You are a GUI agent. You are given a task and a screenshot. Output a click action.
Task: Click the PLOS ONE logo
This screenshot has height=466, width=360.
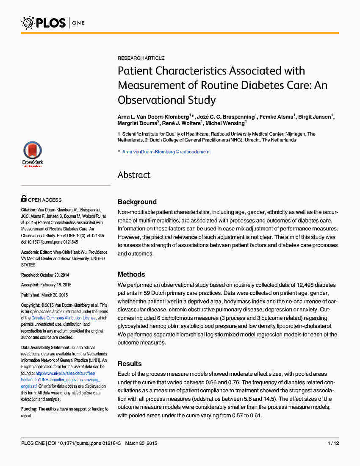[x=53, y=22]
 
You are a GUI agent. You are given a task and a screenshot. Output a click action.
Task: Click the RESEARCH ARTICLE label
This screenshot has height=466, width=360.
[x=141, y=58]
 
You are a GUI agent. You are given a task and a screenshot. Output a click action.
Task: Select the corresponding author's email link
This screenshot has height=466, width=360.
[x=166, y=152]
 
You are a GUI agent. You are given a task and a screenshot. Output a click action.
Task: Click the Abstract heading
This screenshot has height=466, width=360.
[x=134, y=175]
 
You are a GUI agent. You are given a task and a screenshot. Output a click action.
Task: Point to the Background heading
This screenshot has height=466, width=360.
[x=137, y=202]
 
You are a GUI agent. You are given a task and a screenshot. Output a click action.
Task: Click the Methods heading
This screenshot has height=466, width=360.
[x=131, y=275]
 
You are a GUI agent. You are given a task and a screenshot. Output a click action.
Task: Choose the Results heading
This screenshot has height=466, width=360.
[x=130, y=364]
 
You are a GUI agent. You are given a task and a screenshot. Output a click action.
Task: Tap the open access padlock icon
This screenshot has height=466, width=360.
[x=24, y=198]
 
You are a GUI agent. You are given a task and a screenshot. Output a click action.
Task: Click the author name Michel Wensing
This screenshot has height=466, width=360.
[x=224, y=123]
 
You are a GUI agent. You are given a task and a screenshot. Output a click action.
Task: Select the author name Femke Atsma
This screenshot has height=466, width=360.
[x=276, y=116]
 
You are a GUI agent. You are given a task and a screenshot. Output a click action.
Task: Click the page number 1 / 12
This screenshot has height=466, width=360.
[x=333, y=443]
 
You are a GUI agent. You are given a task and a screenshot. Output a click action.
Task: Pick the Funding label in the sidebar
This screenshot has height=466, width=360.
[x=29, y=409]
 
